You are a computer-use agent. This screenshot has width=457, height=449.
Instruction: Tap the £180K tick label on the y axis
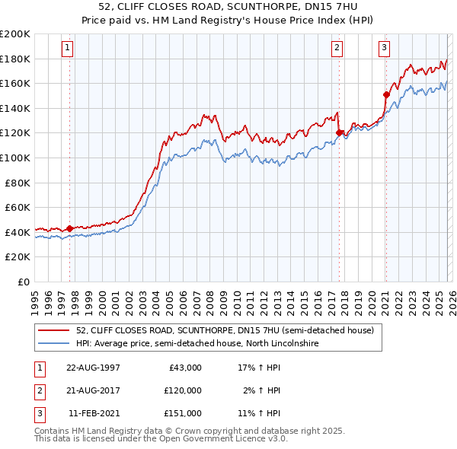[15, 59]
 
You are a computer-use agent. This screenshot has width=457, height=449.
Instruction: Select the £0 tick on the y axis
[24, 282]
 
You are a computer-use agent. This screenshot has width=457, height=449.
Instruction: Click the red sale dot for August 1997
[70, 228]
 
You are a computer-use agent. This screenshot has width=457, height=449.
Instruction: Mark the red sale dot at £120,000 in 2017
[339, 132]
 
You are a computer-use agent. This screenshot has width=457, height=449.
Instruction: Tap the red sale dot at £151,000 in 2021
[386, 94]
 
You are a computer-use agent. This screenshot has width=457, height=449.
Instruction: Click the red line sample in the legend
[54, 331]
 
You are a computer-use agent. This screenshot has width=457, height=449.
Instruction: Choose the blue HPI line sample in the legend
[54, 344]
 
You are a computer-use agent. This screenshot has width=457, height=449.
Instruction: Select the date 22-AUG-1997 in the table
[94, 367]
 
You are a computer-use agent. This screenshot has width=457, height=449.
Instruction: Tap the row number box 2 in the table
[38, 390]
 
